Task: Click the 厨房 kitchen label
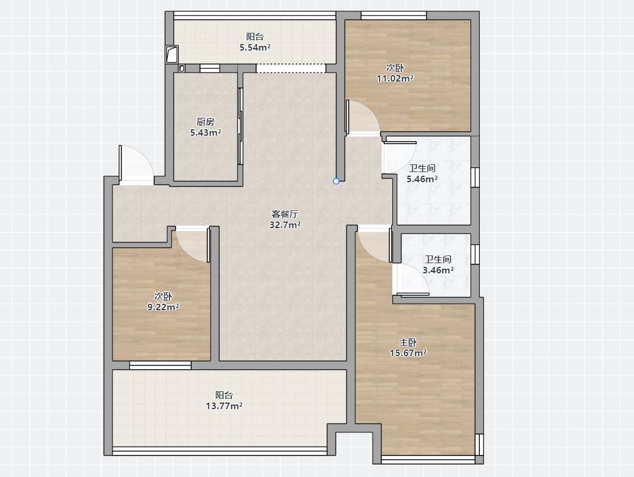(205, 121)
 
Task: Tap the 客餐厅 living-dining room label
(285, 214)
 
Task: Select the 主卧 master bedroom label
(408, 342)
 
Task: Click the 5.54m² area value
(255, 47)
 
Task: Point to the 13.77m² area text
(224, 406)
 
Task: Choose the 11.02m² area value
(395, 79)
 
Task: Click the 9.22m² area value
(163, 307)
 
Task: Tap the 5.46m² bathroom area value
(422, 179)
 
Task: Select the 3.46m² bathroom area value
(438, 270)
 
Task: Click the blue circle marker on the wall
(336, 181)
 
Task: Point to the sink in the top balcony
(172, 54)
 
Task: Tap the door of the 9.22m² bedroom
(193, 245)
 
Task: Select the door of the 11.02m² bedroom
(363, 117)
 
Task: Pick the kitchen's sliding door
(240, 126)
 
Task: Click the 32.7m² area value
(285, 225)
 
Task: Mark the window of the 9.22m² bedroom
(160, 365)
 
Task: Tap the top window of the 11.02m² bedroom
(393, 15)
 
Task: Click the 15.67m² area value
(408, 353)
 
